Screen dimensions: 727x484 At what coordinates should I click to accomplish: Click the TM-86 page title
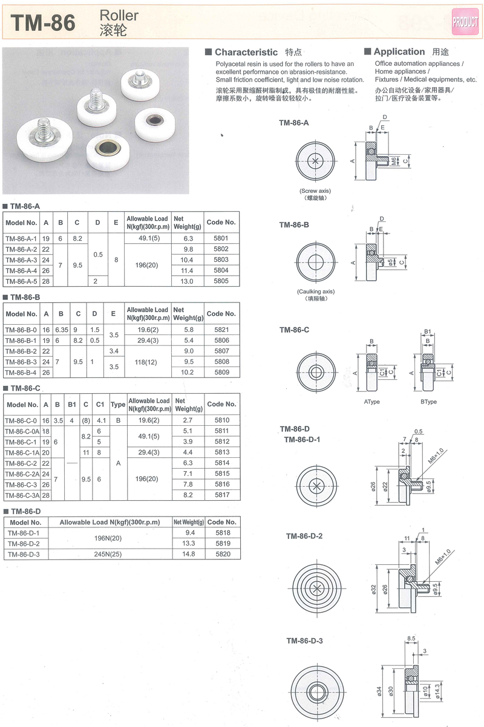[x=44, y=23]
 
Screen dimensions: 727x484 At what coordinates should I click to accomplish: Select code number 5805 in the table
[x=221, y=281]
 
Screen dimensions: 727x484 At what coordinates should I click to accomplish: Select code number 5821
[x=221, y=330]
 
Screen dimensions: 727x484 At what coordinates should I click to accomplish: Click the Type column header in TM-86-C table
[x=118, y=404]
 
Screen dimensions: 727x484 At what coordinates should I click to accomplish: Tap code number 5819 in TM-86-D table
[x=221, y=544]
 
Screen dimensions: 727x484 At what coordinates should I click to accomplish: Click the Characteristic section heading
[x=246, y=53]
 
